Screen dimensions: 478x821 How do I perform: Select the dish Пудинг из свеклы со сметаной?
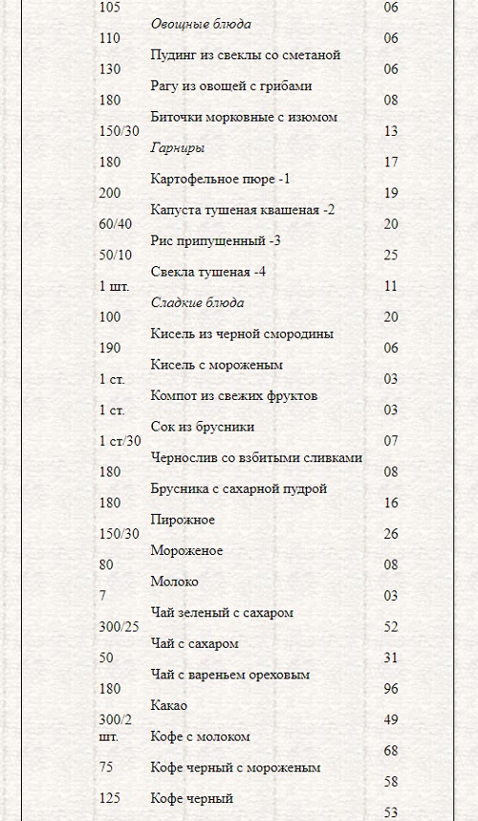click(245, 55)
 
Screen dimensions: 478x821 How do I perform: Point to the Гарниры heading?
click(178, 147)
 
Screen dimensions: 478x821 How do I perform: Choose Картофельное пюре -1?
click(220, 178)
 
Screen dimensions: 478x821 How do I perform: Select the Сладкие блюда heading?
click(197, 302)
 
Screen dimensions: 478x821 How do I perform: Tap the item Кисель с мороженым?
click(216, 365)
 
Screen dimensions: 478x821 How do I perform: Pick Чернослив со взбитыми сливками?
click(256, 457)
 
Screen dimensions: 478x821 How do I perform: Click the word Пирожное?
click(183, 520)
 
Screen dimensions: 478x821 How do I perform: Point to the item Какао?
click(168, 705)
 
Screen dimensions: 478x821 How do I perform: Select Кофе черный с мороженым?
click(235, 766)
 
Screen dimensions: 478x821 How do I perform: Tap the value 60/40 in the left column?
click(116, 224)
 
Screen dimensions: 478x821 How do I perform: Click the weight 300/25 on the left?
click(119, 626)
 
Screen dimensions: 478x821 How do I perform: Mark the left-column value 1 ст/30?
click(120, 441)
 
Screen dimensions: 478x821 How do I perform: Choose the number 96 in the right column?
click(390, 688)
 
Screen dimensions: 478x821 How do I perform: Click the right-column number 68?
click(390, 751)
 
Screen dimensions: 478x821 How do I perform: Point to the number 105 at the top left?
click(110, 8)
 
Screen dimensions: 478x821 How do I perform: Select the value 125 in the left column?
click(110, 796)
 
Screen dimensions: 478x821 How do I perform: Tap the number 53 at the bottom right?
click(390, 812)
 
